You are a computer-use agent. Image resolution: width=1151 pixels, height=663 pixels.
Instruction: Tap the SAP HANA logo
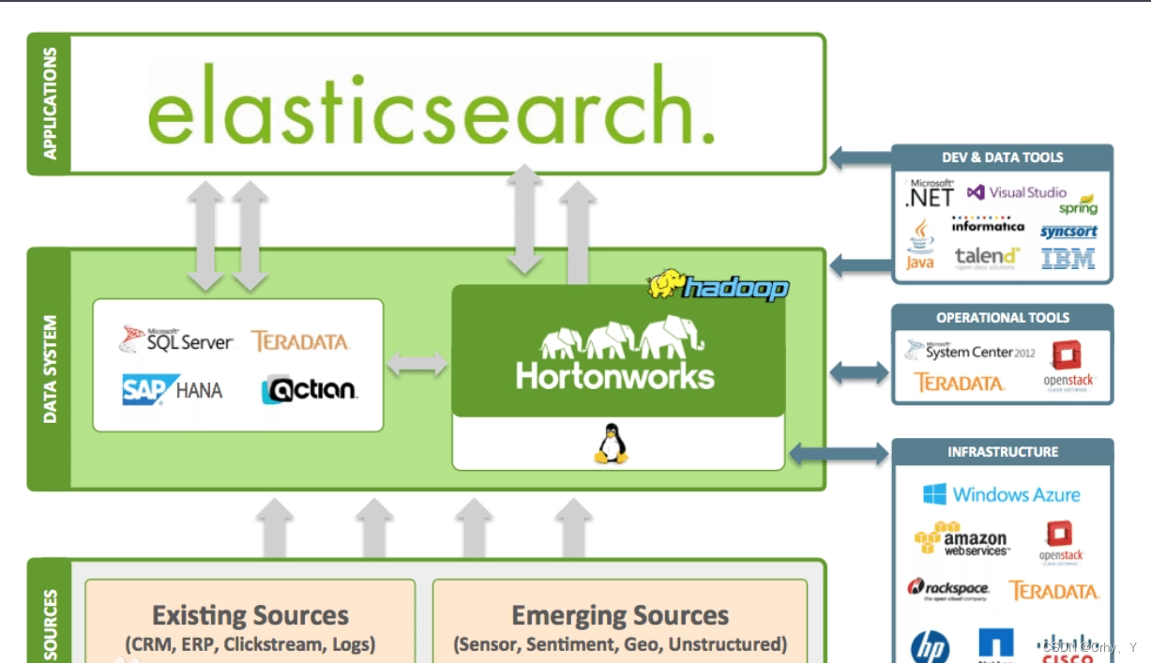tap(173, 389)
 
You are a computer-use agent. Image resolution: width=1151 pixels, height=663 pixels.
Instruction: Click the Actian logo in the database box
tap(310, 389)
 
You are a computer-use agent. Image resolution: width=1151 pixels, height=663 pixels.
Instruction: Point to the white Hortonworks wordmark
tap(614, 376)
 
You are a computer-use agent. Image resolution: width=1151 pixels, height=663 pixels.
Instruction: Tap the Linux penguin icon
tap(611, 444)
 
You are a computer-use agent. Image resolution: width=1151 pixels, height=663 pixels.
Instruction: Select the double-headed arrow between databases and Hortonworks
tap(417, 364)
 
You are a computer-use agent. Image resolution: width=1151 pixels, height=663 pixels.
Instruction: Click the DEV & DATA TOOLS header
tap(1002, 158)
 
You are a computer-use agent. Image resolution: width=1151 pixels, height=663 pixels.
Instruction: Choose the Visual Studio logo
tap(1016, 192)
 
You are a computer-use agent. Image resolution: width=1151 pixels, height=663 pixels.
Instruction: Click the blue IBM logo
tap(1068, 258)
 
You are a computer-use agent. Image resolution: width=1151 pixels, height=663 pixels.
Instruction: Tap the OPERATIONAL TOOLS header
tap(1002, 317)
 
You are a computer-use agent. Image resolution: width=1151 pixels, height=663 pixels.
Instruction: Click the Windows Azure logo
tap(1001, 494)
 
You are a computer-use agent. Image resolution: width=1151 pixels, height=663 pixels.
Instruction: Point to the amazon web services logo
tap(961, 540)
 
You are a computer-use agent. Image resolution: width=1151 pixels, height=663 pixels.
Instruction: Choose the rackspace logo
tap(947, 589)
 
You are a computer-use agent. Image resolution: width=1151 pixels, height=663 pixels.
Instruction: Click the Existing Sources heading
tap(250, 616)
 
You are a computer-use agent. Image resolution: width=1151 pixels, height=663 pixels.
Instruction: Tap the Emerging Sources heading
tap(620, 616)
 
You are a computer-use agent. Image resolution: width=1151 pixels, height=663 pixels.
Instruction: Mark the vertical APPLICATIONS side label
tap(50, 103)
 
